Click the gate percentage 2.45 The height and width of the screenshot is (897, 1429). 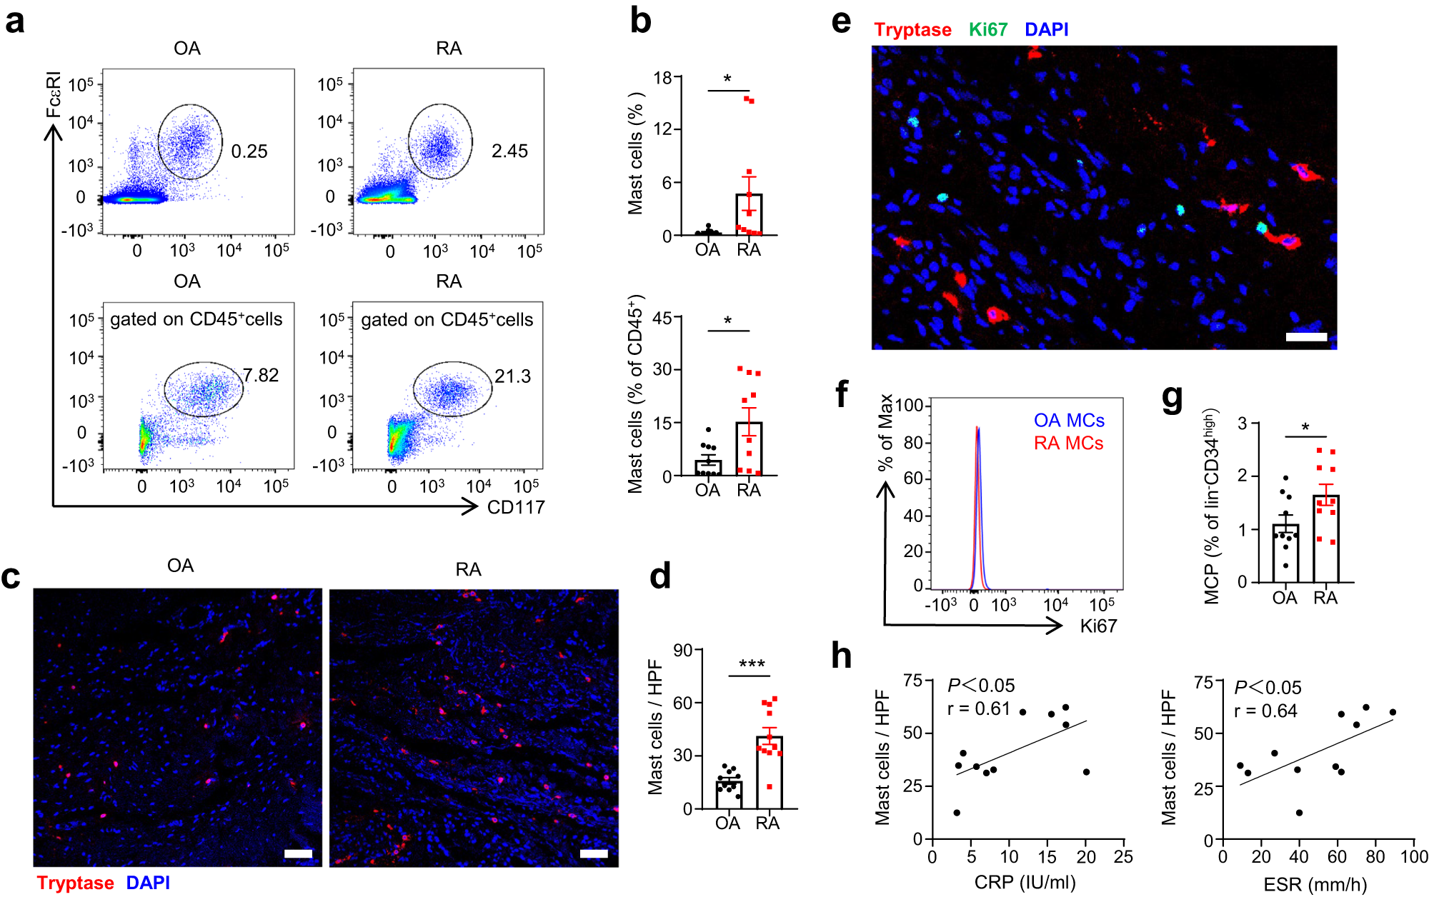tap(509, 151)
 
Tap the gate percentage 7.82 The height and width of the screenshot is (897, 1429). tap(261, 376)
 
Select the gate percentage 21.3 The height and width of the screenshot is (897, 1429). tap(512, 376)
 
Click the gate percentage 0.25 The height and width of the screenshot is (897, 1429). tap(249, 151)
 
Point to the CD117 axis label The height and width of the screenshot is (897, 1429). tap(516, 508)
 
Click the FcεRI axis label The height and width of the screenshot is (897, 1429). tap(54, 95)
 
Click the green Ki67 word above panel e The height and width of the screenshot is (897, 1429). tap(987, 30)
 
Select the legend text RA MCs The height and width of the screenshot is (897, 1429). tap(1068, 444)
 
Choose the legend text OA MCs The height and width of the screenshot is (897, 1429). tap(1069, 421)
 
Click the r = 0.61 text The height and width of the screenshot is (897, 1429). tap(978, 709)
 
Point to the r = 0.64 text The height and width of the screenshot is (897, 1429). tap(1265, 711)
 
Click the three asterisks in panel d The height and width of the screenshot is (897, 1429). tap(752, 665)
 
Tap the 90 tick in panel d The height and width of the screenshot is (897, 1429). tap(683, 651)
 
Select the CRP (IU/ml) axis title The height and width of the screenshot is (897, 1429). tap(1025, 882)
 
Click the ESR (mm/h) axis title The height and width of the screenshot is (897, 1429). tap(1315, 885)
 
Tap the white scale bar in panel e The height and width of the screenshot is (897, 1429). tap(1306, 336)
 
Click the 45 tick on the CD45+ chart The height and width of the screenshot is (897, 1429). tap(662, 318)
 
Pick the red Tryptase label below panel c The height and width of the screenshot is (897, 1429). tap(75, 883)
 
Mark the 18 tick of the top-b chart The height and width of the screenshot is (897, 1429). tap(663, 78)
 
